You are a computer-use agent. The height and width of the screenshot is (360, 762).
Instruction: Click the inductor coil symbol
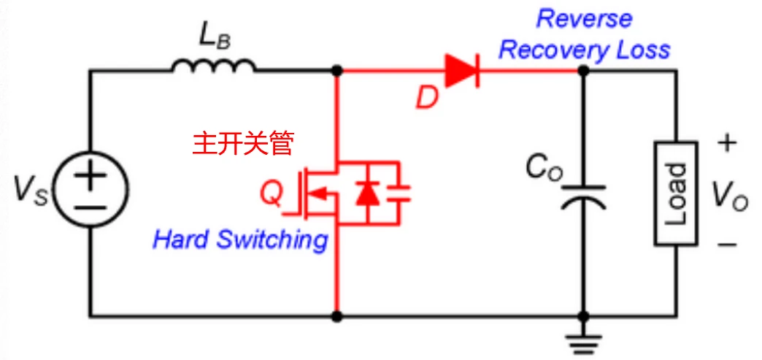click(x=214, y=67)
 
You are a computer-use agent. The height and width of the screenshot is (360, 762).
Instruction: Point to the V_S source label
click(x=30, y=191)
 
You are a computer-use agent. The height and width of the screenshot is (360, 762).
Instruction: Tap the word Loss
click(x=642, y=50)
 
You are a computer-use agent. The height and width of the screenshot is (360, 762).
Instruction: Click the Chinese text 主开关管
click(x=243, y=143)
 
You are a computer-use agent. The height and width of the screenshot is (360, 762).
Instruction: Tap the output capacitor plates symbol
click(x=583, y=198)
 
